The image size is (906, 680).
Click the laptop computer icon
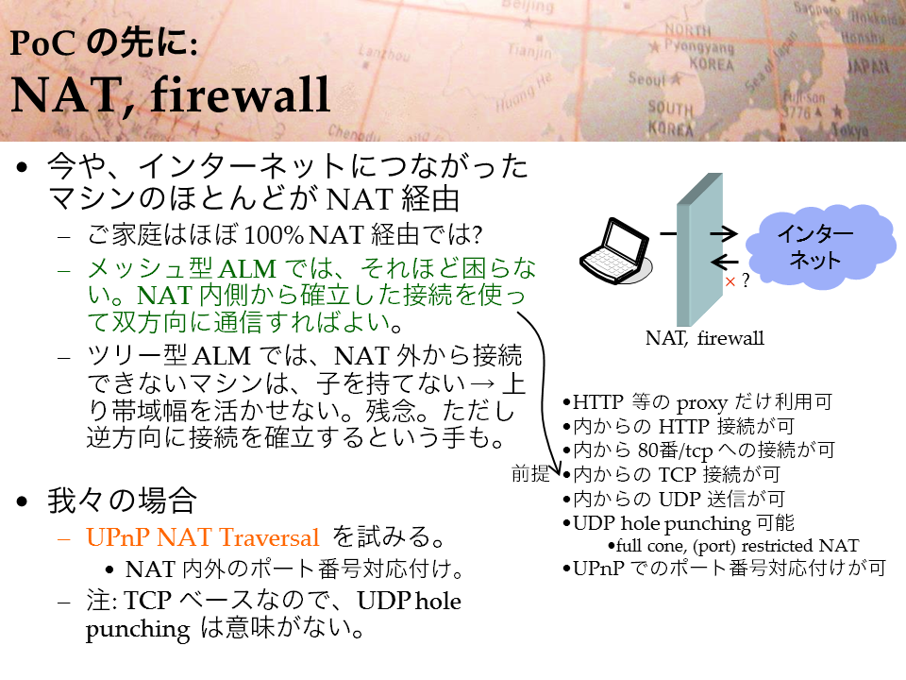(616, 251)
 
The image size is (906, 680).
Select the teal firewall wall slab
(699, 249)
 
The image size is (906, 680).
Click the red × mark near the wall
(730, 281)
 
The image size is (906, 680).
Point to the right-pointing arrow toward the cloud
(724, 233)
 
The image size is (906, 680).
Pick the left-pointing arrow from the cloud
(724, 262)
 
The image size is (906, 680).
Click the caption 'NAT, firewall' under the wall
(704, 338)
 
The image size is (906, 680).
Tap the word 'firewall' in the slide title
(241, 94)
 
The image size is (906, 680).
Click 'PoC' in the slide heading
(42, 43)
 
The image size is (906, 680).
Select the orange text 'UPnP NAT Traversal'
(202, 537)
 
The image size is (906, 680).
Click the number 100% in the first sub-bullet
(274, 235)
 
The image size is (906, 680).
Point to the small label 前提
(530, 473)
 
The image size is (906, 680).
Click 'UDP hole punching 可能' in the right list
(684, 523)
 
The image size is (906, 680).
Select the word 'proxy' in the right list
(701, 403)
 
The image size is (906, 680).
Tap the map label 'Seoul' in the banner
(647, 78)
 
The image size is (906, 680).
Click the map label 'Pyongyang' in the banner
(698, 46)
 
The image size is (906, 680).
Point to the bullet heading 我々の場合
(122, 501)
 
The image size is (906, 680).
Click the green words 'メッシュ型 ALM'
(182, 269)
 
